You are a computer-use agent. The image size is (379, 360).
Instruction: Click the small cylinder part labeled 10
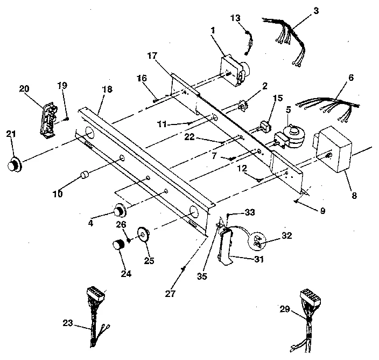(x=84, y=176)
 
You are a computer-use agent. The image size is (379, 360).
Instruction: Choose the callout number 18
(x=107, y=89)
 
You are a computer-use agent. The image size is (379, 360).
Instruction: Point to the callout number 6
(x=351, y=78)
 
